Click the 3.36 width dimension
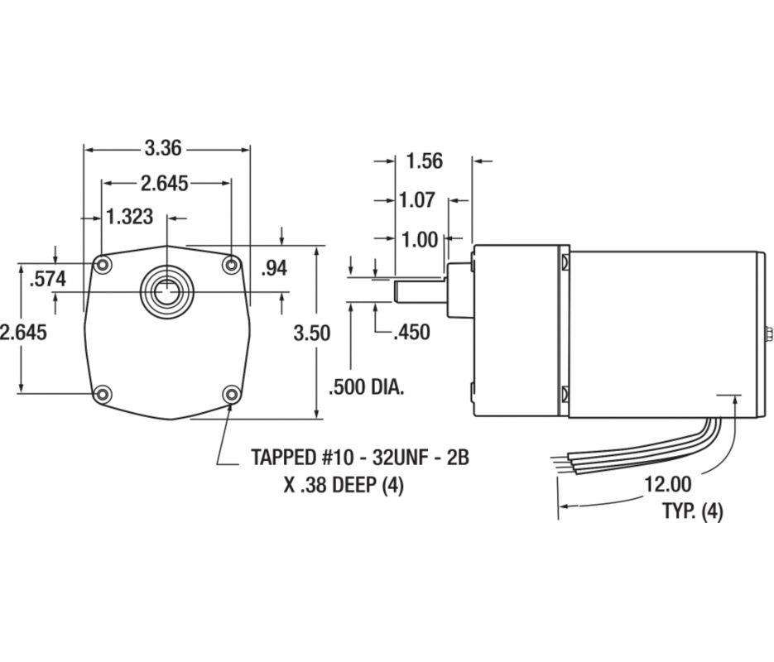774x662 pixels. pyautogui.click(x=163, y=149)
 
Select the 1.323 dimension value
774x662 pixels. pyautogui.click(x=130, y=217)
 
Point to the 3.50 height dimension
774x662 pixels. pyautogui.click(x=311, y=333)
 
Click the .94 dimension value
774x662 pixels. pyautogui.click(x=274, y=267)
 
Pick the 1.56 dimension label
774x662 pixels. pyautogui.click(x=425, y=161)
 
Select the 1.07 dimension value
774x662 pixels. pyautogui.click(x=417, y=200)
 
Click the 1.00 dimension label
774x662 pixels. pyautogui.click(x=419, y=240)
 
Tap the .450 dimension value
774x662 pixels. pyautogui.click(x=411, y=332)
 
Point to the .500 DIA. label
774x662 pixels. pyautogui.click(x=367, y=386)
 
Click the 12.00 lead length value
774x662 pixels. pyautogui.click(x=668, y=483)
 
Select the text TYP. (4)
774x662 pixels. pyautogui.click(x=692, y=511)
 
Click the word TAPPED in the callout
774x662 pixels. pyautogui.click(x=287, y=457)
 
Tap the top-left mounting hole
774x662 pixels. pyautogui.click(x=103, y=265)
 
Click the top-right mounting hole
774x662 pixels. pyautogui.click(x=232, y=265)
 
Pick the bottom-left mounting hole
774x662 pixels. pyautogui.click(x=103, y=394)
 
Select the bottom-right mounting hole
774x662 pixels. pyautogui.click(x=232, y=394)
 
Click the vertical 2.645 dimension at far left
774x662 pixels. pyautogui.click(x=23, y=333)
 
